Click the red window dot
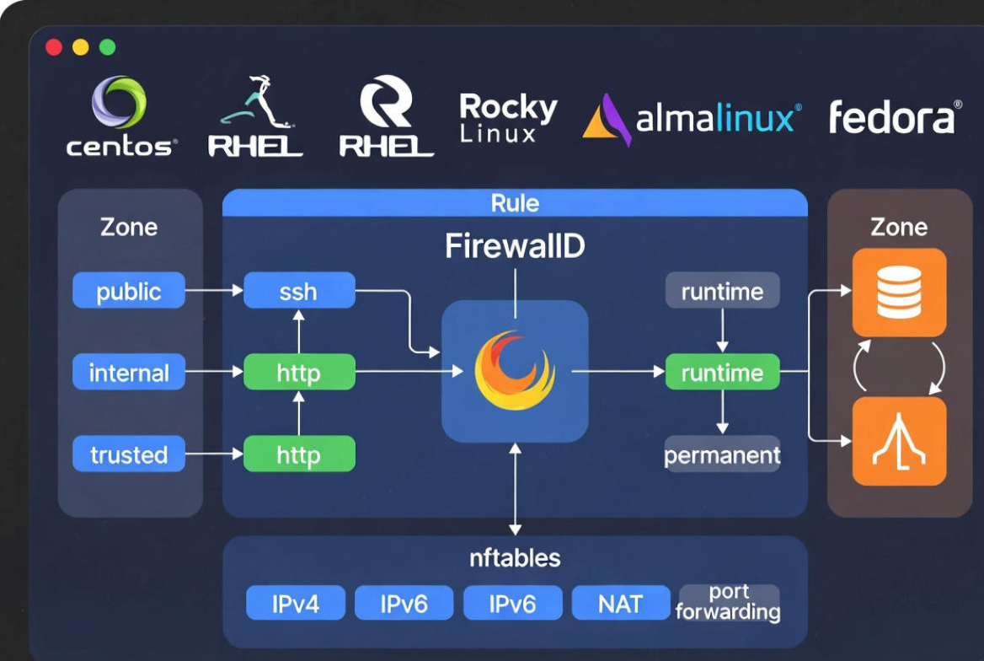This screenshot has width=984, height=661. [x=54, y=47]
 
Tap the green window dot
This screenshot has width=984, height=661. [x=107, y=47]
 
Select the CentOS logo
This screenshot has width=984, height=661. [x=120, y=116]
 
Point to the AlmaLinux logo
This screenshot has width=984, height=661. [x=691, y=119]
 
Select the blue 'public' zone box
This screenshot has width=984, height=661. [x=129, y=291]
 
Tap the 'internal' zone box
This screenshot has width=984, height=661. [x=129, y=373]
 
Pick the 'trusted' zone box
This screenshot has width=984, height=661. [x=129, y=454]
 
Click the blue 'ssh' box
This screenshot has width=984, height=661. [x=299, y=291]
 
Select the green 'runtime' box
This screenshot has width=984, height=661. [x=722, y=373]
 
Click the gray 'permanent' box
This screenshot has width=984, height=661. [x=722, y=455]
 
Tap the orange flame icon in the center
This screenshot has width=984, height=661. [x=515, y=370]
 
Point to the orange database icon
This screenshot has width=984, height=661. [x=899, y=292]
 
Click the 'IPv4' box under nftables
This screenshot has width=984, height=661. [x=295, y=603]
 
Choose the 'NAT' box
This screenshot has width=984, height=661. [x=621, y=603]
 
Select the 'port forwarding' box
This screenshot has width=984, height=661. [x=729, y=602]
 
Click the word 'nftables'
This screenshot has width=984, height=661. [x=515, y=557]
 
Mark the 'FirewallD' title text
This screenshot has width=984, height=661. [x=515, y=246]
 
